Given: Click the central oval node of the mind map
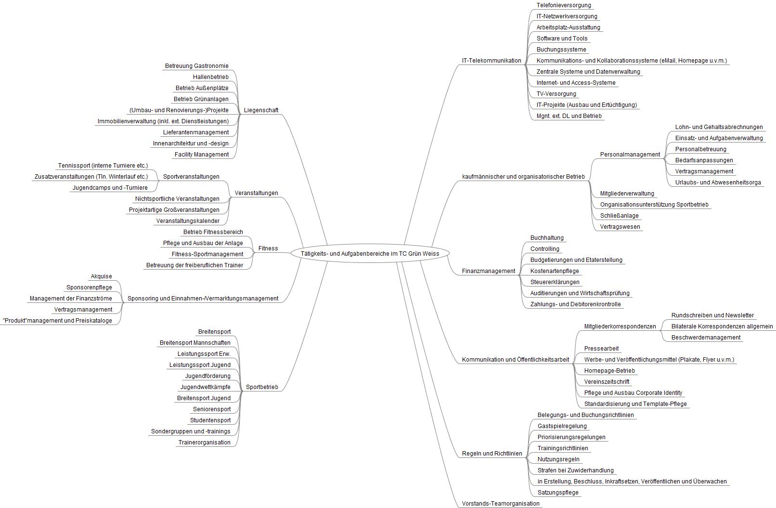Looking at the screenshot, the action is coord(370,253).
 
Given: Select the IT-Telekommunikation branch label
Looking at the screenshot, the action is coord(491,61).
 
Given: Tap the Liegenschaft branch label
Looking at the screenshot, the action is coord(261,110).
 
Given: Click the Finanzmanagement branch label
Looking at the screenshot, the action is coord(489,271).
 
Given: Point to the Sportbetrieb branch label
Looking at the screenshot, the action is coord(262,387).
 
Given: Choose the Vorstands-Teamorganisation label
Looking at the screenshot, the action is coord(501,504).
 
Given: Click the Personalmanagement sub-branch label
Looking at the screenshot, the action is coord(630,155).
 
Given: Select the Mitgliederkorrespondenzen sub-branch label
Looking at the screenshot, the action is coord(620,326).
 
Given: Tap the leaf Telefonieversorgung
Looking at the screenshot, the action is coord(564,5).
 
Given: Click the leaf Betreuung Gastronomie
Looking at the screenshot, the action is coord(197,66).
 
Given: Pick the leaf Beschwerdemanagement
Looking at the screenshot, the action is coord(706,338).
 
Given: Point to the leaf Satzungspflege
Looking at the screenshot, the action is coord(558,493).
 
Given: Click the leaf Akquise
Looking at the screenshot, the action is coord(101,276).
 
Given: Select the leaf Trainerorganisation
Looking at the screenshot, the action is coord(205,443).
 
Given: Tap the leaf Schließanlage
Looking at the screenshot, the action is coord(619,216).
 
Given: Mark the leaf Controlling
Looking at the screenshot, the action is coord(544,249).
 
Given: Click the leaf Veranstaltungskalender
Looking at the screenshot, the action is coord(188,221).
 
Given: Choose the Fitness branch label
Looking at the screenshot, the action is coord(268,248).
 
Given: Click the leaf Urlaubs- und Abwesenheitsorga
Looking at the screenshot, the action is coord(718,182).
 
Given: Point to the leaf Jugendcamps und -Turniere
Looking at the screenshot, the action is coord(110,188).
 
